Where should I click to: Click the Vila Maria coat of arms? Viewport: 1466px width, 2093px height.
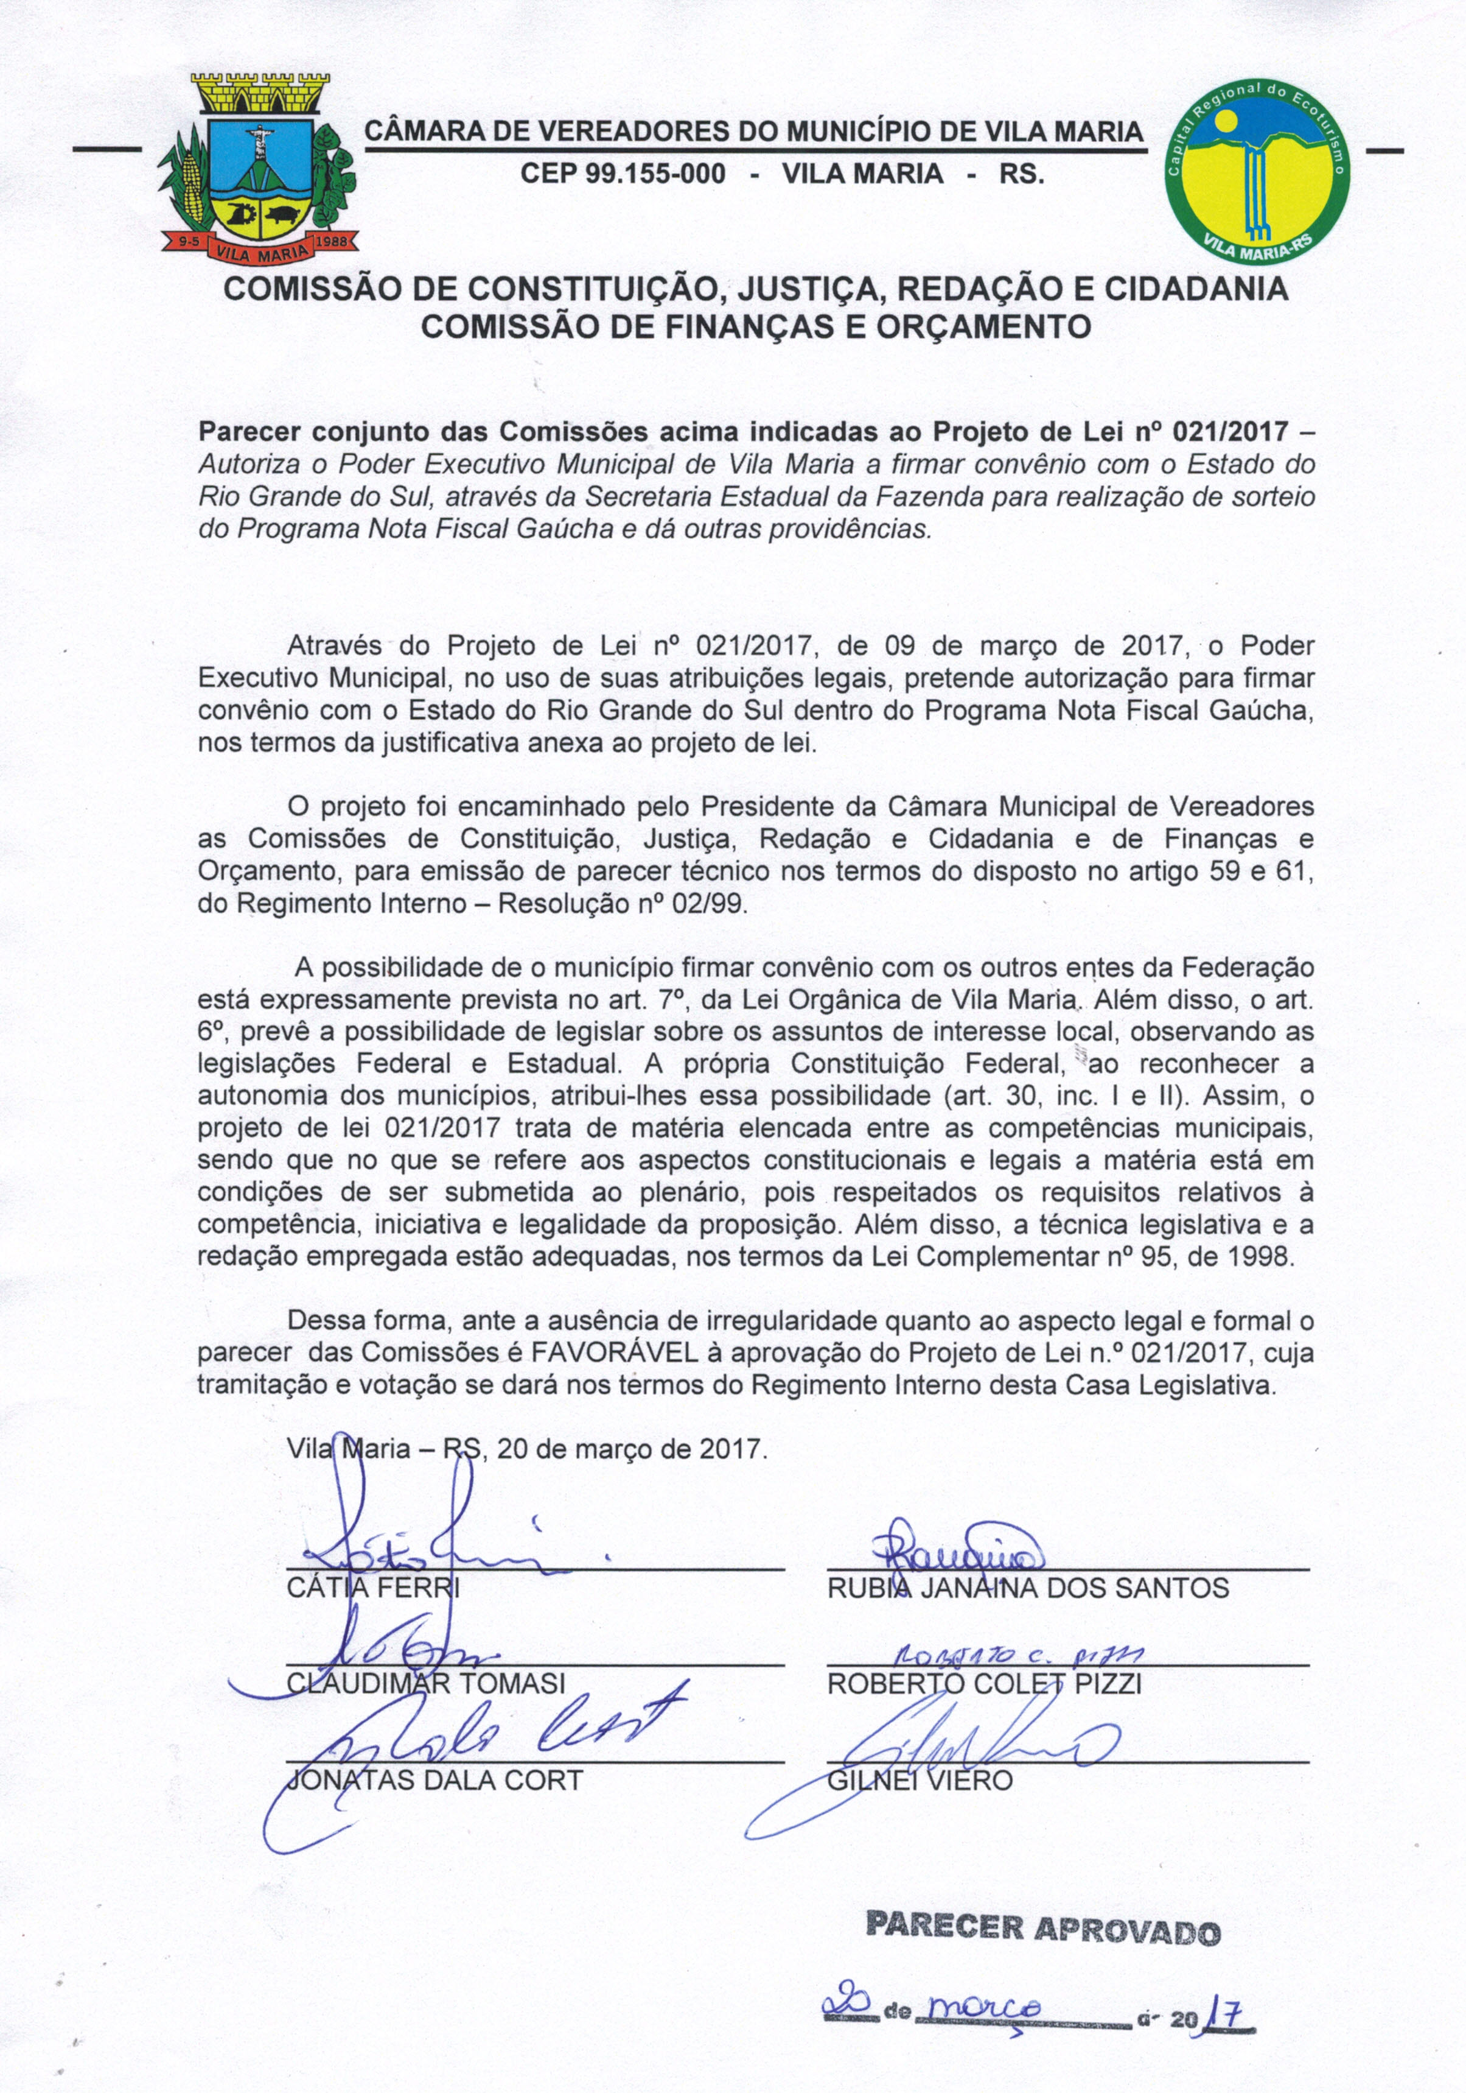click(x=258, y=169)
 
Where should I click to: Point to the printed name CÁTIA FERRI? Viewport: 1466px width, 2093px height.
click(x=374, y=1588)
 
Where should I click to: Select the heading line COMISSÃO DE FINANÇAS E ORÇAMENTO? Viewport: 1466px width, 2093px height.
click(x=755, y=325)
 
